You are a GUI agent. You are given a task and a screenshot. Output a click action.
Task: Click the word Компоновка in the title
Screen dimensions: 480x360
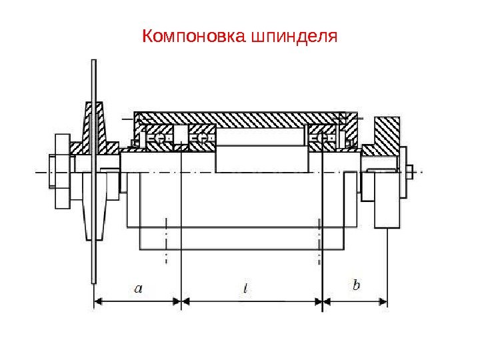point(193,35)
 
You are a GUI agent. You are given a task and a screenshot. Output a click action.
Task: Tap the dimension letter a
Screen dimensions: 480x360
point(138,288)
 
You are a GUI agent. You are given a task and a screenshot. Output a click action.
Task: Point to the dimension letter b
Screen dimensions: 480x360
point(356,285)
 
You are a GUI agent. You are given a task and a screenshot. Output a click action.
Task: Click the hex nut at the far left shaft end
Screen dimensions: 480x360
point(53,172)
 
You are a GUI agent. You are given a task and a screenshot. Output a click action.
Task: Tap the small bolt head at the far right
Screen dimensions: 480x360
point(409,171)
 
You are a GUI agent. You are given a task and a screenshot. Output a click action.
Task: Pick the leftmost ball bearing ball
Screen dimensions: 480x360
point(161,139)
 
